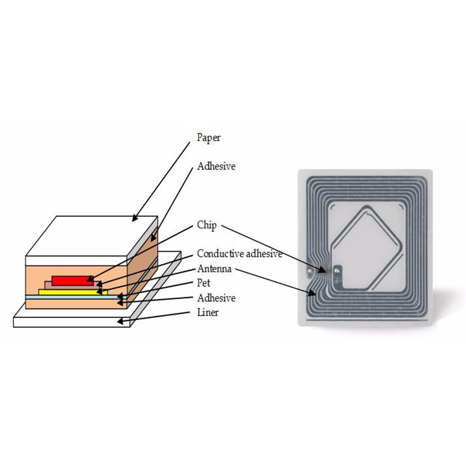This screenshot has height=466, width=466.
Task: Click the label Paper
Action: (209, 138)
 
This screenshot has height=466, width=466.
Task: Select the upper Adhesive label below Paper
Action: (216, 166)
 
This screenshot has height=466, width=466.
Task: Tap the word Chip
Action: (207, 225)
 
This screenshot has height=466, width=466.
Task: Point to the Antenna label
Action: (214, 269)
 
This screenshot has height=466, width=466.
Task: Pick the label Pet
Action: (203, 283)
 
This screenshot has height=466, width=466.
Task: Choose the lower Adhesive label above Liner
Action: (216, 298)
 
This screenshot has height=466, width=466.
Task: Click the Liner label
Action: (208, 312)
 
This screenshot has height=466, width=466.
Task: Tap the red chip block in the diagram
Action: (72, 281)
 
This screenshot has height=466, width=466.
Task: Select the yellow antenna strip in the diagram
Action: (73, 292)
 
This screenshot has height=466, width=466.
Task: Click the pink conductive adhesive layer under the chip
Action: (72, 285)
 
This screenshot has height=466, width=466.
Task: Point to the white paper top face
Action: (91, 236)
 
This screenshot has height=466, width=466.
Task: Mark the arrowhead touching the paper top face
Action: (135, 218)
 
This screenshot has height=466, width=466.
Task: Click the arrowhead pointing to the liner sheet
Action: (121, 322)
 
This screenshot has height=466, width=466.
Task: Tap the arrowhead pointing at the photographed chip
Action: (322, 270)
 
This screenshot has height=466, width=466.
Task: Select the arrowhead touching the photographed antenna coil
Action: (312, 293)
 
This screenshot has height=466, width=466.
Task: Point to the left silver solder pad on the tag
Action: (310, 271)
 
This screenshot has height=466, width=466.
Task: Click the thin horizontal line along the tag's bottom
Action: (367, 321)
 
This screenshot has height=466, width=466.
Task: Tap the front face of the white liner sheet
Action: (72, 323)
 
